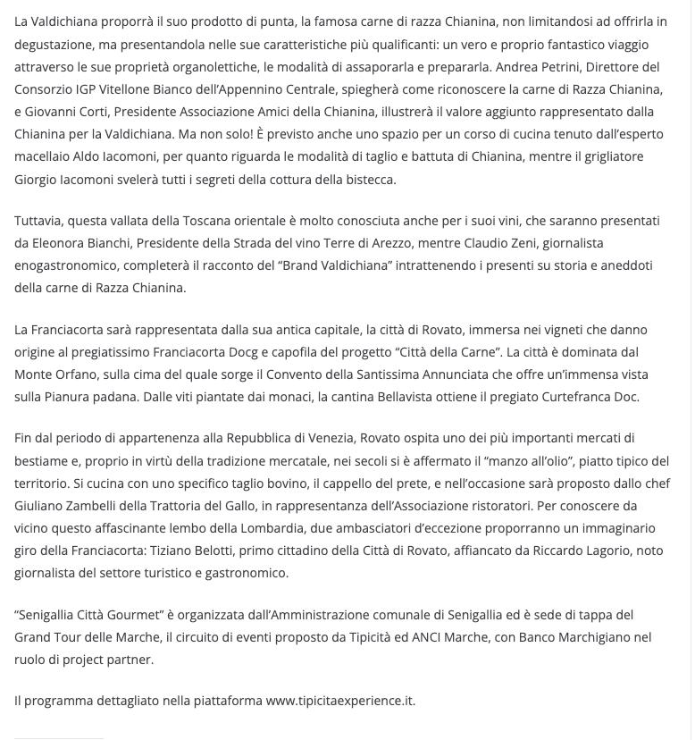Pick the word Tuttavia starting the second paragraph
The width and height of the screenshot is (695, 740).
coord(38,221)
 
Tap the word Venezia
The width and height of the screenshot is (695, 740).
coord(331,439)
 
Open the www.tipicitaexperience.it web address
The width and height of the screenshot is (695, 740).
coord(340,701)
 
